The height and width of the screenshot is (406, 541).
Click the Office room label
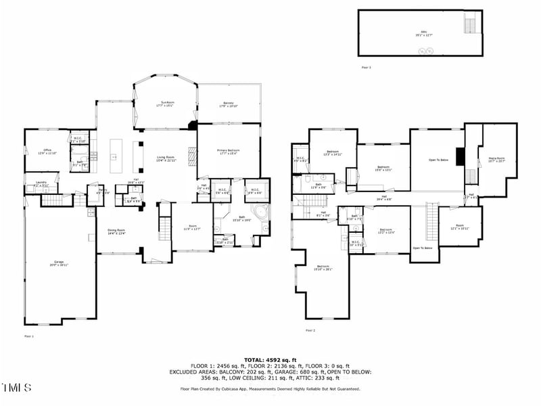tap(47, 152)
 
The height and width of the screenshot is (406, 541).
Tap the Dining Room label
tap(116, 232)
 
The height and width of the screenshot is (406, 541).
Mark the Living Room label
tap(167, 159)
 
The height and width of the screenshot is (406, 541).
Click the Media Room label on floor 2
tap(497, 160)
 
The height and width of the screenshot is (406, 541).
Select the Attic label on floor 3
tap(424, 34)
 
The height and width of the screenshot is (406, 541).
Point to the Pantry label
tap(101, 192)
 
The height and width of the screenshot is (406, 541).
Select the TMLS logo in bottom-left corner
tap(16, 388)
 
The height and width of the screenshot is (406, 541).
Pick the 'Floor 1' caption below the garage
tap(29, 336)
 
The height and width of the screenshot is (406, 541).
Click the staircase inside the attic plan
tap(470, 25)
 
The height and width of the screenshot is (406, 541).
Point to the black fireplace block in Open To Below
tap(461, 156)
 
